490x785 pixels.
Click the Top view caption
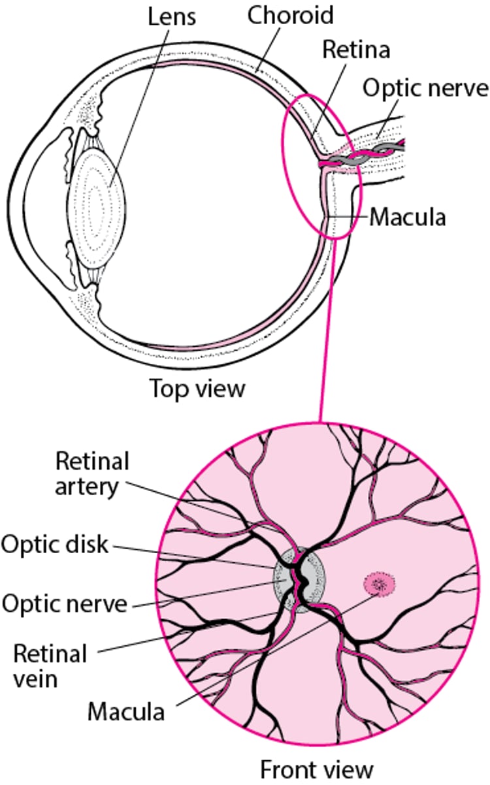198,389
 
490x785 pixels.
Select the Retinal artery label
92,473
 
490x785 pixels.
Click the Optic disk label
54,544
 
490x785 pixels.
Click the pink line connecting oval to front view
327,327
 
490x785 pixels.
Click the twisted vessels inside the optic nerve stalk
366,155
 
